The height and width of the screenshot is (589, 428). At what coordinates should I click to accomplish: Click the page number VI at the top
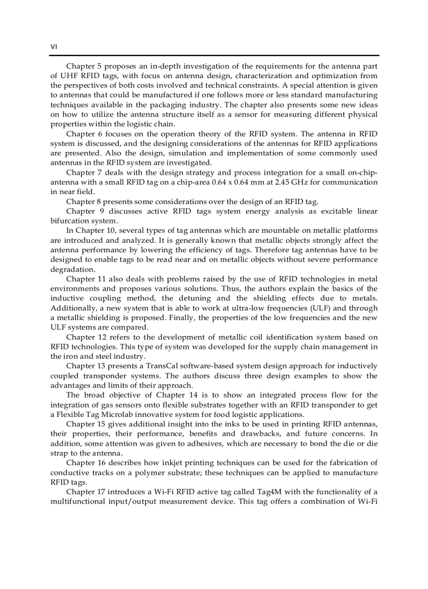click(53, 47)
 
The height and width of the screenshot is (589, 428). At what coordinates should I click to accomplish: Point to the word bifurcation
click(71, 221)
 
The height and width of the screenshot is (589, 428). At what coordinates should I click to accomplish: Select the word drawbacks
click(259, 434)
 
